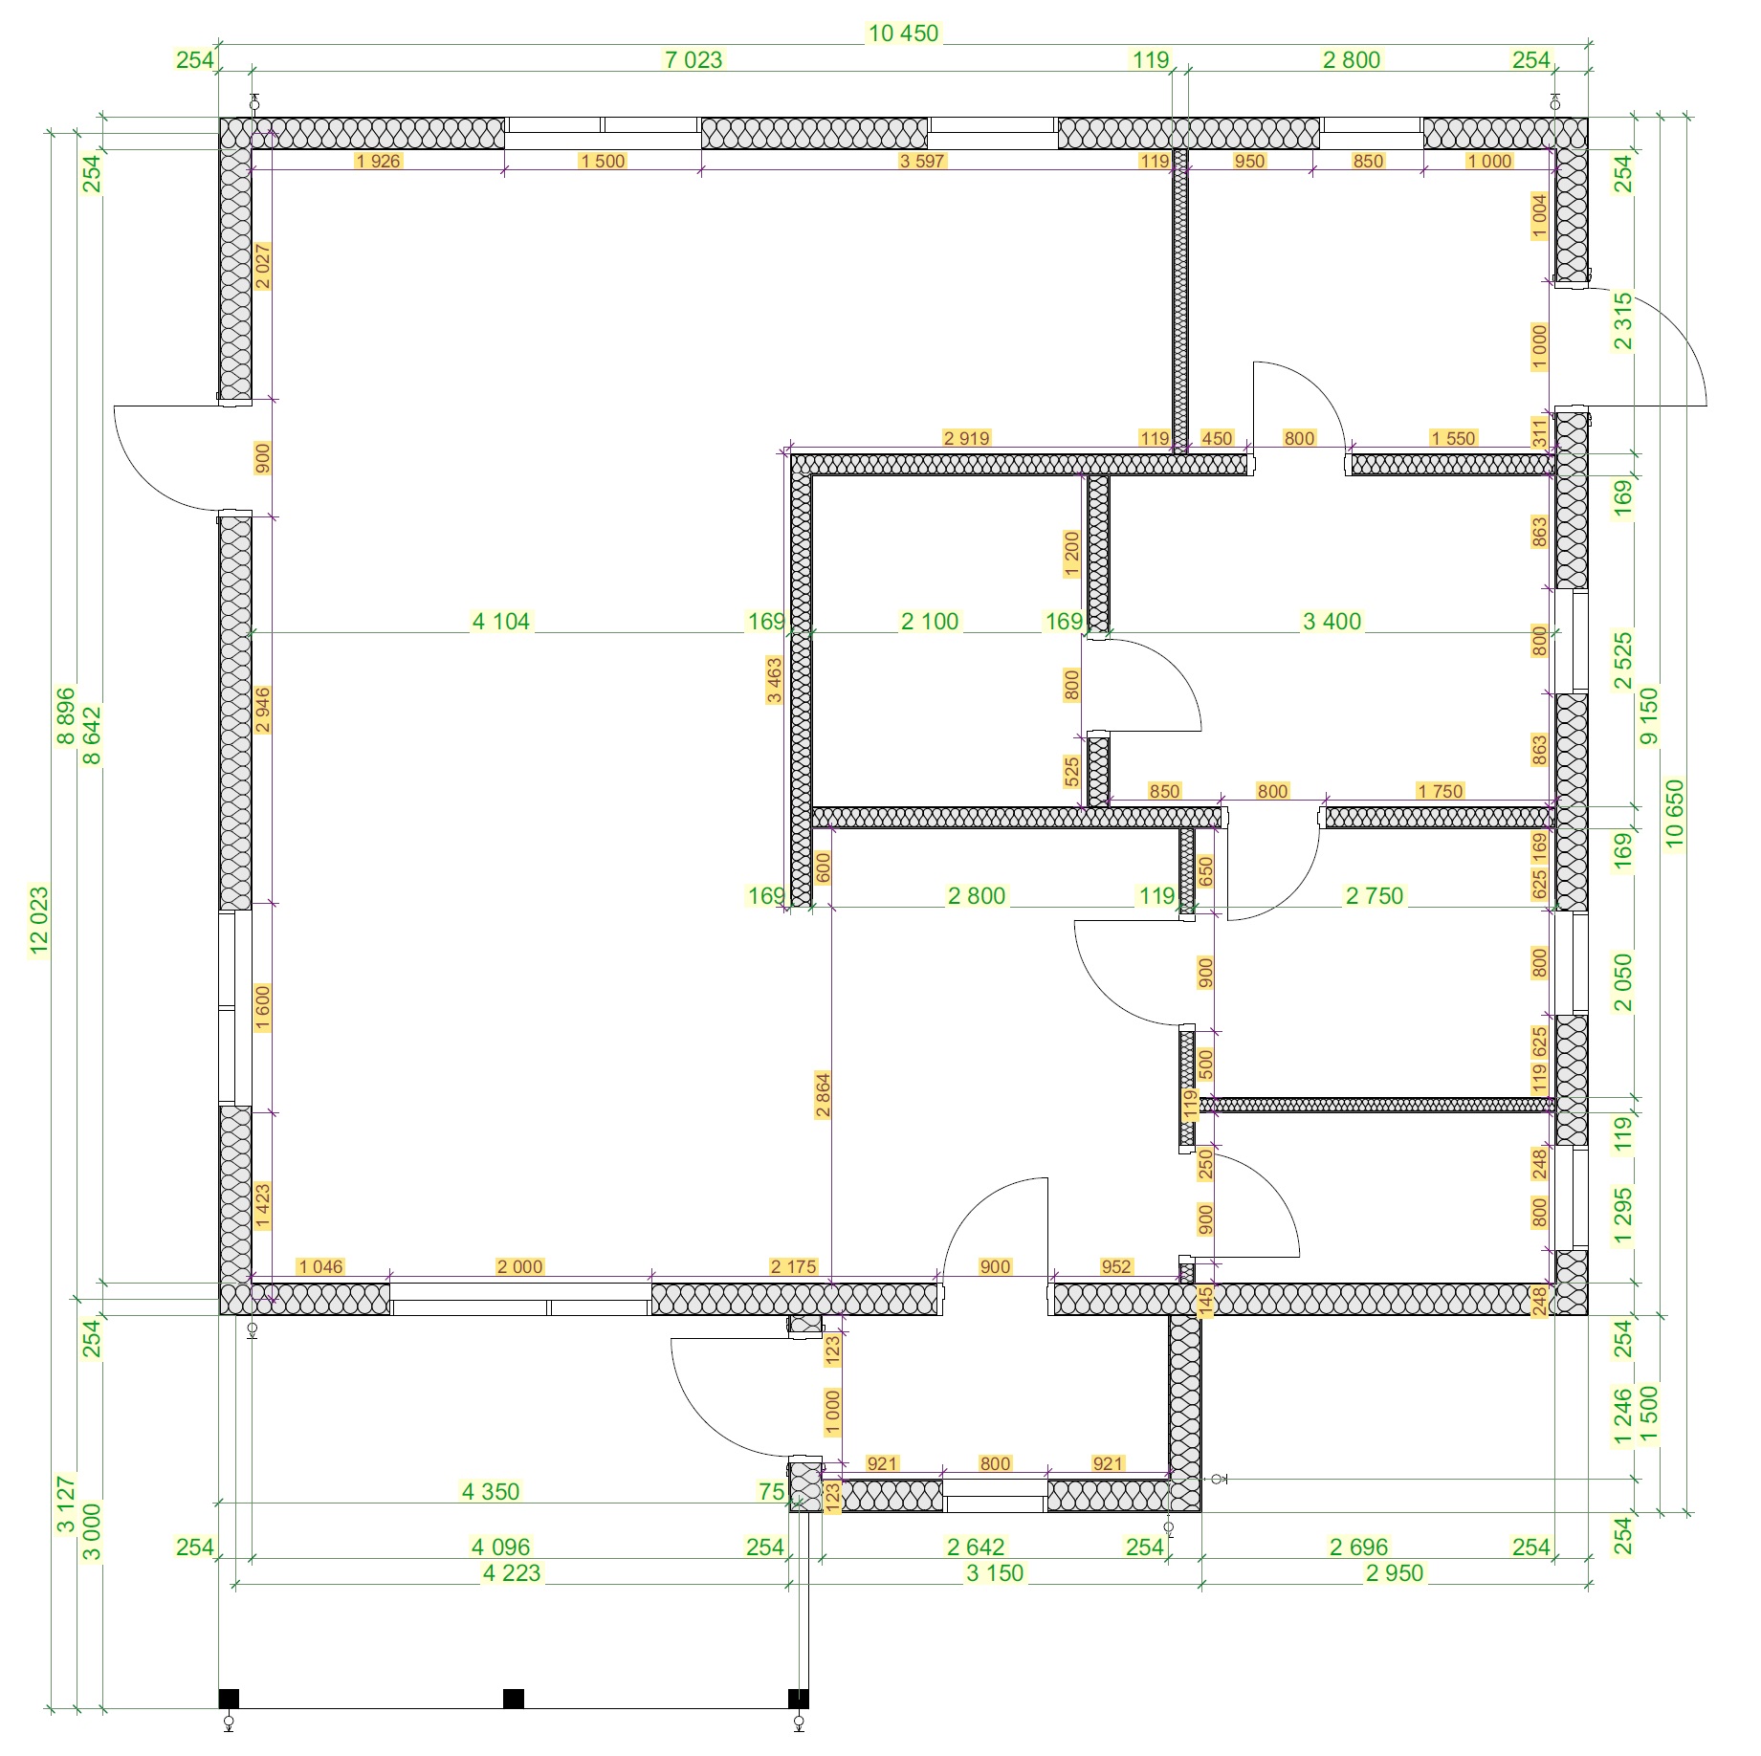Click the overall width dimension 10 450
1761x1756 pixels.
[x=903, y=33]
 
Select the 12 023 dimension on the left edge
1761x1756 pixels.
[x=39, y=921]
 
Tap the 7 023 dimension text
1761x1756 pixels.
[x=693, y=60]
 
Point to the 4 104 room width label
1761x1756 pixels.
[x=500, y=622]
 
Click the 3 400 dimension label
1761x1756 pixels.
[x=1332, y=622]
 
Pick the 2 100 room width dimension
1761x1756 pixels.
[x=930, y=622]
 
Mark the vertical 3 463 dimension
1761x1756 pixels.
[x=774, y=680]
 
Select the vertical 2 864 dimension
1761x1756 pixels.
[x=823, y=1096]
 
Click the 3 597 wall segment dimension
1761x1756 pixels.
[x=922, y=161]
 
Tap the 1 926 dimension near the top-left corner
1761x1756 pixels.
[x=378, y=161]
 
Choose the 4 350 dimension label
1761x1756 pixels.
[x=491, y=1491]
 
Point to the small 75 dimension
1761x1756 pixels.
[x=771, y=1491]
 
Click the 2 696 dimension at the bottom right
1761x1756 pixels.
[x=1358, y=1547]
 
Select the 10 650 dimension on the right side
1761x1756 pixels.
[x=1674, y=813]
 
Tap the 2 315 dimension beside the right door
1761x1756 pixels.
[x=1623, y=322]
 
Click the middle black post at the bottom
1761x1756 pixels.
[x=514, y=1699]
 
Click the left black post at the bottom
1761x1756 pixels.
[x=229, y=1699]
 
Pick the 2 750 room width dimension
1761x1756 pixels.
[x=1375, y=896]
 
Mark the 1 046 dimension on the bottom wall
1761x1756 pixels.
[x=320, y=1266]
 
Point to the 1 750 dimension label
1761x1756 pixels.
[x=1441, y=791]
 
